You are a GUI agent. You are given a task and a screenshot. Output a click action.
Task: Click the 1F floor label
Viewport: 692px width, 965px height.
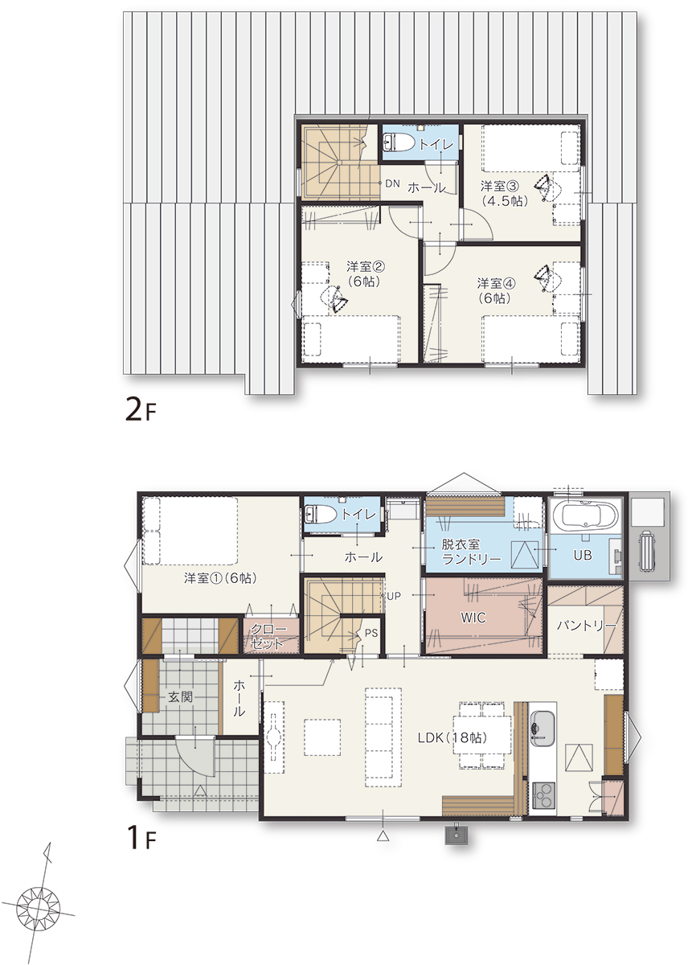point(142,840)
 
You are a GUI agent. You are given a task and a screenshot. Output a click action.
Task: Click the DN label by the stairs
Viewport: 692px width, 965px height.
point(392,183)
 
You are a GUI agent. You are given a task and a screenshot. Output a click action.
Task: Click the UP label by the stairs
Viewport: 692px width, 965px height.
point(394,596)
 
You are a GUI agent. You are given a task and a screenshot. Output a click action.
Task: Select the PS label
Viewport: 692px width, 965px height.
point(371,633)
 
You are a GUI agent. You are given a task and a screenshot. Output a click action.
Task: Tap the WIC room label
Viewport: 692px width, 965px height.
point(473,618)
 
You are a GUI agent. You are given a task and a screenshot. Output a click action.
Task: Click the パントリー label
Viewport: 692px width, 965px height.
point(586,625)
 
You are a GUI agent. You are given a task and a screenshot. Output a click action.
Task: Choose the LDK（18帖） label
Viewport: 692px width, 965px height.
point(452,737)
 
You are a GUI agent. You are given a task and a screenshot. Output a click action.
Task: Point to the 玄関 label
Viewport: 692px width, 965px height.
point(180,696)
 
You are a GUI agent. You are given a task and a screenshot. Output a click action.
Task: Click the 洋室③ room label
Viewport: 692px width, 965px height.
point(500,186)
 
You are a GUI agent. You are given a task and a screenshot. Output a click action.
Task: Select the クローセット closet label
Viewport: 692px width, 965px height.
point(268,636)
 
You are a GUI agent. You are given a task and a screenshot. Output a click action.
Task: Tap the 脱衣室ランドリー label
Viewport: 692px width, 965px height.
point(472,552)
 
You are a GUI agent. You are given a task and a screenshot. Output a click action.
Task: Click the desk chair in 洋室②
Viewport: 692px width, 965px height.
point(334,298)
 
